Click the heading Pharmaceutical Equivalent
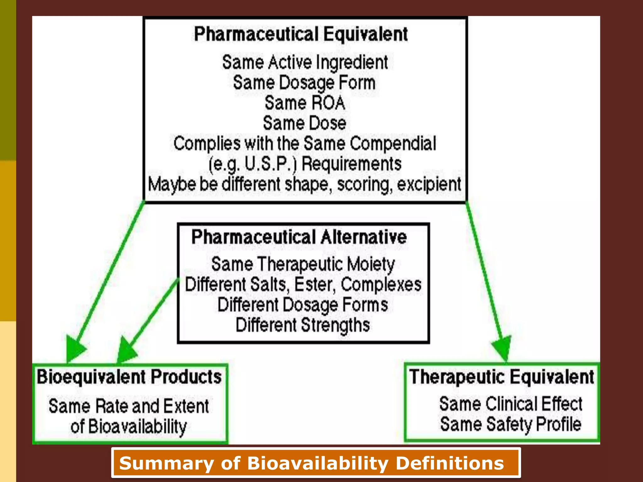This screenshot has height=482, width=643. (301, 34)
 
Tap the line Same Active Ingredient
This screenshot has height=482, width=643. (305, 62)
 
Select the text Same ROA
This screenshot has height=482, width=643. (305, 103)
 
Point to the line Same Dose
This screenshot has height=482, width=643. (305, 123)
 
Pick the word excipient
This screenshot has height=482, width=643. (429, 184)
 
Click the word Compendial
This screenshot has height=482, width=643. (393, 143)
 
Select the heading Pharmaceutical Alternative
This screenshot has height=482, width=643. (299, 237)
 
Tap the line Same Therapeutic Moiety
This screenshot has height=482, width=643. (303, 264)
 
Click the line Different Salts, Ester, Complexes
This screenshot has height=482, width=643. (303, 284)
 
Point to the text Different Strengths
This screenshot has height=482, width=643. (303, 325)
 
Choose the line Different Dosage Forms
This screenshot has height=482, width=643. (303, 305)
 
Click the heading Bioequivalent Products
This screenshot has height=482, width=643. (129, 377)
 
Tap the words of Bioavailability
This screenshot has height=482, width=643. (128, 426)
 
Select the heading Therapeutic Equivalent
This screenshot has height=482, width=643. (501, 377)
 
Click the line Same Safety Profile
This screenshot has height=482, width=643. (511, 424)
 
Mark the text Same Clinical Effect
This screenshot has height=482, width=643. (511, 404)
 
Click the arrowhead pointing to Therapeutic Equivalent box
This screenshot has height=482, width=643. (503, 350)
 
